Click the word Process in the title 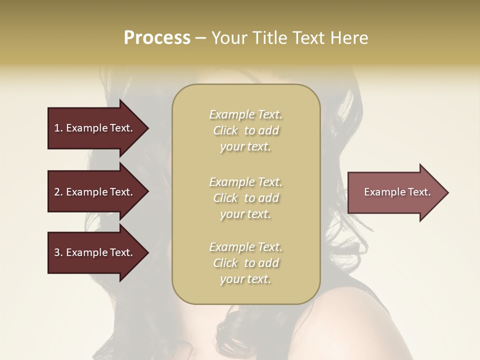click(157, 38)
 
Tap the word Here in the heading click(350, 38)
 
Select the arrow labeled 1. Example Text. click(95, 128)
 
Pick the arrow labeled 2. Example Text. click(95, 192)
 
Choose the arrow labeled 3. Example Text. click(95, 252)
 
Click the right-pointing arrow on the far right click(395, 192)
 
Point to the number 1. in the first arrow click(58, 128)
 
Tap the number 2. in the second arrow click(58, 192)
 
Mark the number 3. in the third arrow click(58, 252)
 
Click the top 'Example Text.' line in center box click(245, 114)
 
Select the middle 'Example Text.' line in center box click(245, 181)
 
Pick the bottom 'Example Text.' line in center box click(245, 247)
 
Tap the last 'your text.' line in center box click(245, 279)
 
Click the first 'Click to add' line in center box click(245, 130)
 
